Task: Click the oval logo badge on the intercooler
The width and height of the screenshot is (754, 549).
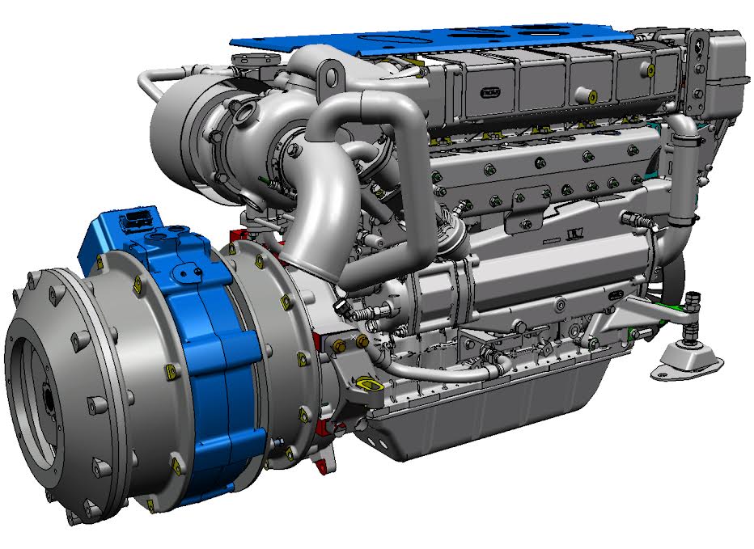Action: pyautogui.click(x=491, y=93)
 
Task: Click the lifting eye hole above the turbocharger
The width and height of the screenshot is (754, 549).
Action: pyautogui.click(x=330, y=78)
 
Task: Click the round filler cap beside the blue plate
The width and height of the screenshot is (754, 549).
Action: pyautogui.click(x=248, y=61)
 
